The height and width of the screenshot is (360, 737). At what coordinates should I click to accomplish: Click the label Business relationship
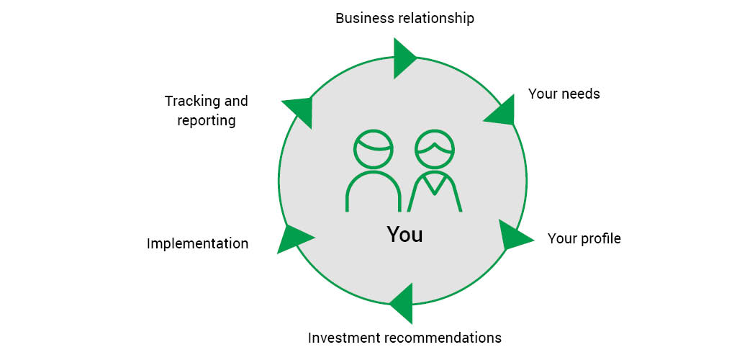(x=404, y=18)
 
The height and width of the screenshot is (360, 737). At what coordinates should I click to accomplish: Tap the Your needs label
(x=564, y=94)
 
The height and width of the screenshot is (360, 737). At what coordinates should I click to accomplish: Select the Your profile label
(x=584, y=238)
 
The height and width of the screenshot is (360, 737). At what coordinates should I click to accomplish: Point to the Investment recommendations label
(x=404, y=338)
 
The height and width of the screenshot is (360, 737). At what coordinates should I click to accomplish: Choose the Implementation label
(x=197, y=243)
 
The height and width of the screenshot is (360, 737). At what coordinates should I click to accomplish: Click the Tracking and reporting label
(x=206, y=110)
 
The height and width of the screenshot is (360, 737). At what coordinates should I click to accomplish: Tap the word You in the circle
(x=404, y=235)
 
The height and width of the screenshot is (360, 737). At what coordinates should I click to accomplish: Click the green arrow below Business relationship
(x=404, y=58)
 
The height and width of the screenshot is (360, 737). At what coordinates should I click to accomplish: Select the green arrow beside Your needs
(x=502, y=110)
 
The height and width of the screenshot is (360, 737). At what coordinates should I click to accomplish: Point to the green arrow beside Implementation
(x=293, y=238)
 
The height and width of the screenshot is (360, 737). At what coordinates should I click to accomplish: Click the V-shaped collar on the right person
(x=434, y=185)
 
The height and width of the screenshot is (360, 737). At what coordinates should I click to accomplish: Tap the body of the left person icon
(x=374, y=192)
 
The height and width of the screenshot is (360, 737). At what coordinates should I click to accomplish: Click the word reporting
(x=207, y=120)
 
